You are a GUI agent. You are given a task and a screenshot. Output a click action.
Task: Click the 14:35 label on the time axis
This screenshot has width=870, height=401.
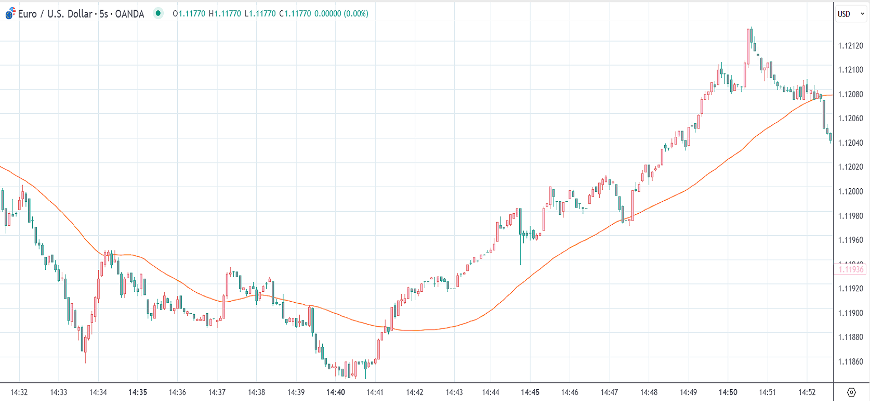tap(138, 392)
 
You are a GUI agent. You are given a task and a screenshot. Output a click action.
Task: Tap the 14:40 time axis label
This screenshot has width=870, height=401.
tap(335, 392)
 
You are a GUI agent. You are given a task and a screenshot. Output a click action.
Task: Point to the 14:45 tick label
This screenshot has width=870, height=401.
tap(530, 392)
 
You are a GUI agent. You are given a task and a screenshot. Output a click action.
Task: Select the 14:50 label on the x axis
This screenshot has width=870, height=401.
tap(728, 392)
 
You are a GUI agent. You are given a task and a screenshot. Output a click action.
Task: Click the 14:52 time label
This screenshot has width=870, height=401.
tap(807, 392)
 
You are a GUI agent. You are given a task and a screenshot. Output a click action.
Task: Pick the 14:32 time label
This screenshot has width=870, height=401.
tap(19, 392)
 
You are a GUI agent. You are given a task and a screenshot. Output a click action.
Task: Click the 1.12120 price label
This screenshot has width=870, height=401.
tap(850, 46)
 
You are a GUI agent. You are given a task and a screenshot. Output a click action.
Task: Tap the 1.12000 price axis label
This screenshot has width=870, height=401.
tap(850, 191)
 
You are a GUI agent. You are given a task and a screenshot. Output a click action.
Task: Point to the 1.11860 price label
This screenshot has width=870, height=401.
tap(850, 361)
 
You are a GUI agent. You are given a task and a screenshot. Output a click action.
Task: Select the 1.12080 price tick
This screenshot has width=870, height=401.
tap(850, 94)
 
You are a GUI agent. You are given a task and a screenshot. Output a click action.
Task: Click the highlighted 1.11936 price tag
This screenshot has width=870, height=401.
tap(851, 269)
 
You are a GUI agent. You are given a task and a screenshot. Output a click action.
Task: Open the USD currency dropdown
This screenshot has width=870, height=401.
tap(851, 14)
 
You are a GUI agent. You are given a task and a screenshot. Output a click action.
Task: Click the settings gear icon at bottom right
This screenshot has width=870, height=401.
tap(851, 392)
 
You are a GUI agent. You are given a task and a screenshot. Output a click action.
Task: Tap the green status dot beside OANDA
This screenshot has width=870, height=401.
tap(158, 14)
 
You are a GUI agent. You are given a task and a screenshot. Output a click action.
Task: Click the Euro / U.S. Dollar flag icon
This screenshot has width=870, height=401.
tap(10, 14)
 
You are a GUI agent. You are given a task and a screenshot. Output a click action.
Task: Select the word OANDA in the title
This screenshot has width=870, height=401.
tap(129, 14)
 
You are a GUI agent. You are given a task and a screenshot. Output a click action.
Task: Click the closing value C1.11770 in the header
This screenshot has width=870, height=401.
tap(295, 14)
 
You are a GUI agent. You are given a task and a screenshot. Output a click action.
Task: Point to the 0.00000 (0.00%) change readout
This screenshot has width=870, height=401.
tap(341, 14)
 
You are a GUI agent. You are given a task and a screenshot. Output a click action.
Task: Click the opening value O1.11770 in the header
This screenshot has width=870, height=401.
tap(189, 14)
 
